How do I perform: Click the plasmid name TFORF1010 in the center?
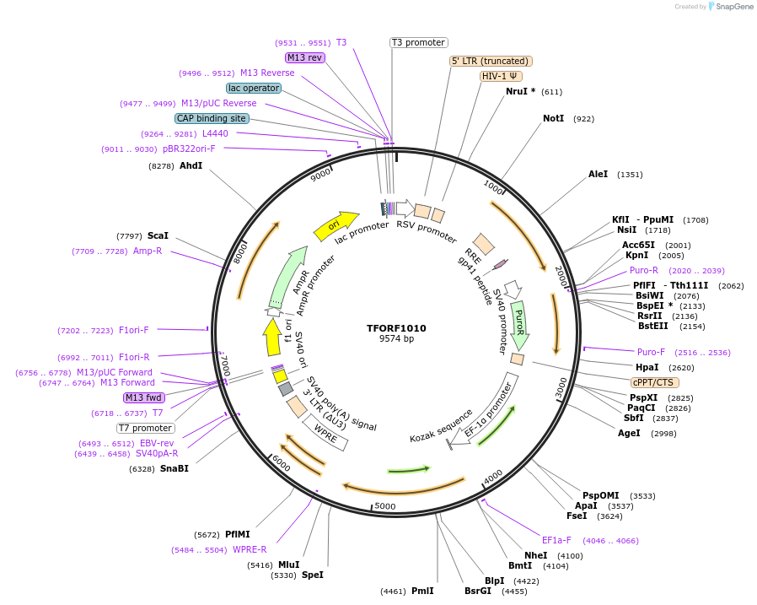(396, 328)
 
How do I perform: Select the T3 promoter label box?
(418, 42)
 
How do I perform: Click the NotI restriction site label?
(553, 119)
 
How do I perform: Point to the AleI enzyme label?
(598, 175)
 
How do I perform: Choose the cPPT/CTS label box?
(652, 382)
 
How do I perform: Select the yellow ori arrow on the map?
(336, 224)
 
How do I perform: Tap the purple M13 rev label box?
(304, 57)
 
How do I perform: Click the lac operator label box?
(253, 88)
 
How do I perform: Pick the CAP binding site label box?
(212, 118)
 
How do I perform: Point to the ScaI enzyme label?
(158, 235)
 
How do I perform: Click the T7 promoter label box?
(146, 428)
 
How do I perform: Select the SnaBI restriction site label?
(174, 468)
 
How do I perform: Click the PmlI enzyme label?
(422, 591)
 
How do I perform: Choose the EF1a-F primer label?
(556, 540)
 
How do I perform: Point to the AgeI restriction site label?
(629, 433)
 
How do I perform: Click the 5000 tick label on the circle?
(384, 506)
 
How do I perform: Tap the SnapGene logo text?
(733, 7)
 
